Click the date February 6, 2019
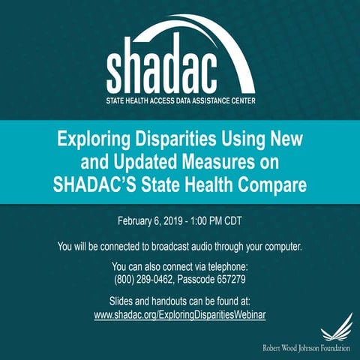(x=149, y=222)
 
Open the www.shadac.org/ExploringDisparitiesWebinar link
(x=180, y=315)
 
